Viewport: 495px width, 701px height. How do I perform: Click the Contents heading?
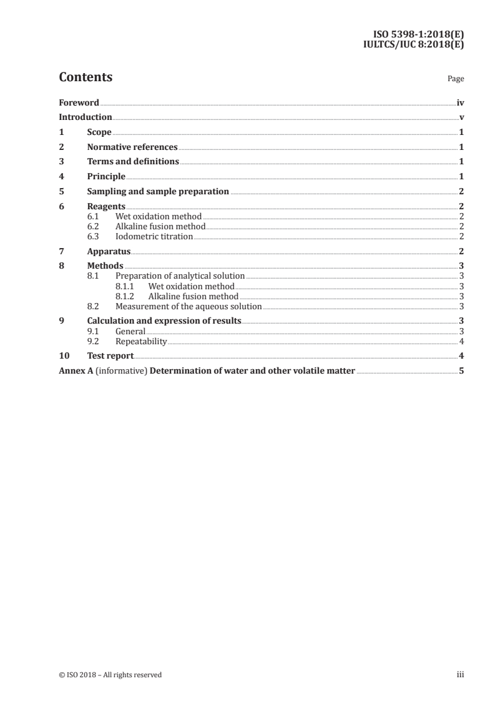pyautogui.click(x=86, y=77)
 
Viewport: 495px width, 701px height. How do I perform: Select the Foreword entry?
pyautogui.click(x=79, y=102)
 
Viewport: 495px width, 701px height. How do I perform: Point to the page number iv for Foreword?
pyautogui.click(x=460, y=102)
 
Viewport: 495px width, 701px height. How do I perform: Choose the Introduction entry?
pyautogui.click(x=86, y=117)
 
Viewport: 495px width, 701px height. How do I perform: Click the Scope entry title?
pyautogui.click(x=99, y=132)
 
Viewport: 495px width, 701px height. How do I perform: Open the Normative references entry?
pyautogui.click(x=132, y=147)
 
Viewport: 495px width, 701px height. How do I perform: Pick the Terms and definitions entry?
pyautogui.click(x=133, y=162)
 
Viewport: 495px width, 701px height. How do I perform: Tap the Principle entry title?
pyautogui.click(x=106, y=177)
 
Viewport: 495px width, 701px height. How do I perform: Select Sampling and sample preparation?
pyautogui.click(x=158, y=192)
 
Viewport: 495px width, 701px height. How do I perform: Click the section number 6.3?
pyautogui.click(x=93, y=237)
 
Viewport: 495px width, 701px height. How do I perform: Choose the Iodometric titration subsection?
pyautogui.click(x=154, y=237)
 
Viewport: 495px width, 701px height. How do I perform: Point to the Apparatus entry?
pyautogui.click(x=109, y=251)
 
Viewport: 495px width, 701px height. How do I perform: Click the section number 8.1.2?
pyautogui.click(x=126, y=296)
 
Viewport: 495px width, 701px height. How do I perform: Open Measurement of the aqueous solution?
pyautogui.click(x=189, y=306)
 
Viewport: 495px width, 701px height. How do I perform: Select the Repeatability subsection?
pyautogui.click(x=141, y=341)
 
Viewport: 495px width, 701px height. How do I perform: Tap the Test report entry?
pyautogui.click(x=110, y=356)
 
